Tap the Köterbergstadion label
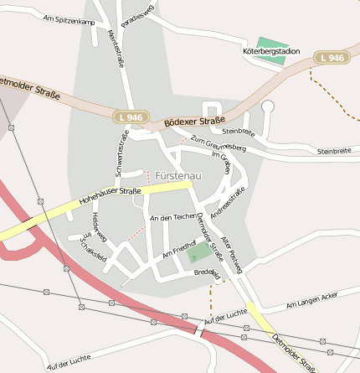(270, 51)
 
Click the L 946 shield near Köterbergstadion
(332, 57)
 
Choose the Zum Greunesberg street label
(219, 143)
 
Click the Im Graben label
(221, 162)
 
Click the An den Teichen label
(172, 218)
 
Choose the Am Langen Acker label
(311, 301)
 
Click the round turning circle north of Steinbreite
(268, 106)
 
